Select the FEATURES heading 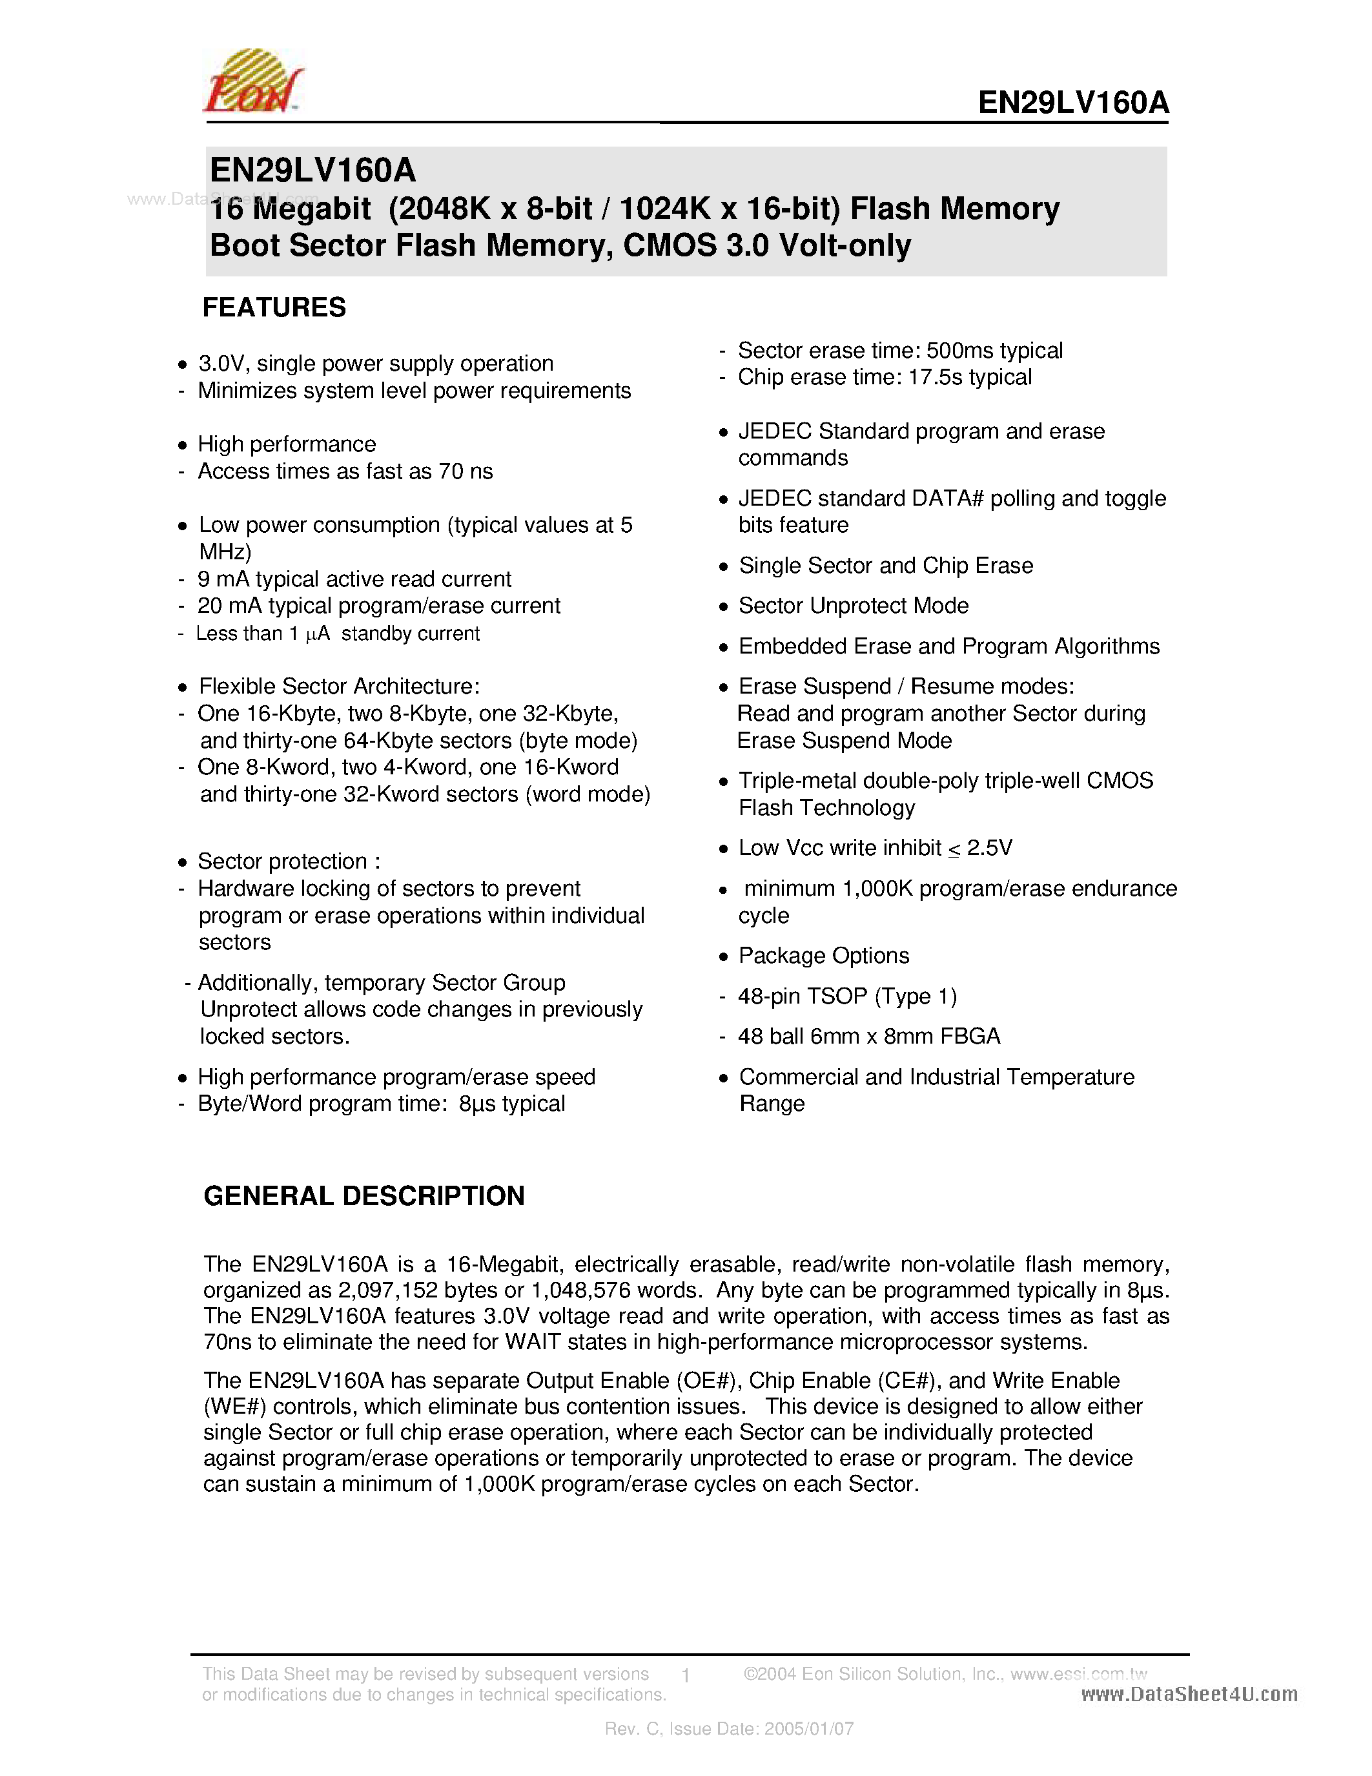pyautogui.click(x=274, y=307)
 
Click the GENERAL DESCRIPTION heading pyautogui.click(x=363, y=1195)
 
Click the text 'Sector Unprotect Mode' pyautogui.click(x=854, y=606)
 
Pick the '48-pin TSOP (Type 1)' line pyautogui.click(x=847, y=996)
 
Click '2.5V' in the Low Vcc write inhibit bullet pyautogui.click(x=989, y=848)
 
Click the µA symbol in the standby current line pyautogui.click(x=318, y=634)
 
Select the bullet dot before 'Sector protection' pyautogui.click(x=182, y=863)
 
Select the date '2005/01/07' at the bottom pyautogui.click(x=809, y=1729)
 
